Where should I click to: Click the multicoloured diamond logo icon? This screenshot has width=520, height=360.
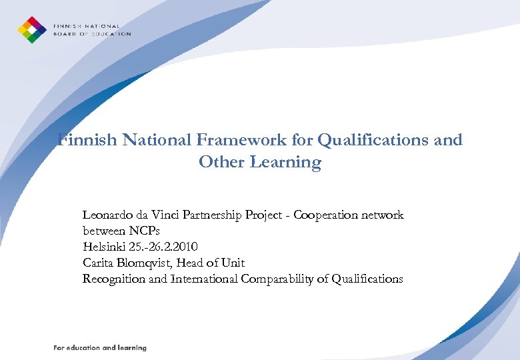31,30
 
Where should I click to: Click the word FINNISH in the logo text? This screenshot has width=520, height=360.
67,26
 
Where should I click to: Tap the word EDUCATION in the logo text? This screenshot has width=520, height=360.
110,34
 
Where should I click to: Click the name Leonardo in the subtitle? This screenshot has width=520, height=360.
105,215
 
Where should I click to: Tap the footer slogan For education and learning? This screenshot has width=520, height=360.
100,348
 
